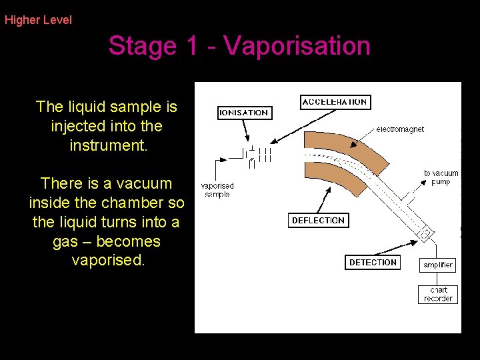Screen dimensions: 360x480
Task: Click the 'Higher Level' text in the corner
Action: click(38, 20)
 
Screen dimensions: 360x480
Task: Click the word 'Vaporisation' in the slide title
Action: click(297, 46)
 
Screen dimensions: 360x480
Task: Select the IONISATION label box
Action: click(244, 113)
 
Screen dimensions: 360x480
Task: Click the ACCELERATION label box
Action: click(335, 102)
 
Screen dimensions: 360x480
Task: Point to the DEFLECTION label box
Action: click(318, 220)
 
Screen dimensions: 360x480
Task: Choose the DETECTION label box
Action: click(373, 262)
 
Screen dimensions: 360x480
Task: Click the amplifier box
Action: click(438, 265)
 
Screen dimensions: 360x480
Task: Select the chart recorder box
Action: click(438, 294)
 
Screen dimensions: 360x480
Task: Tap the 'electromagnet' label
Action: click(400, 129)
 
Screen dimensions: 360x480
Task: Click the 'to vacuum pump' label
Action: click(441, 177)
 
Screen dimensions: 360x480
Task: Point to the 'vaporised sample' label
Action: click(217, 190)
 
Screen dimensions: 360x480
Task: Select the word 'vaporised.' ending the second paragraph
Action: click(107, 261)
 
